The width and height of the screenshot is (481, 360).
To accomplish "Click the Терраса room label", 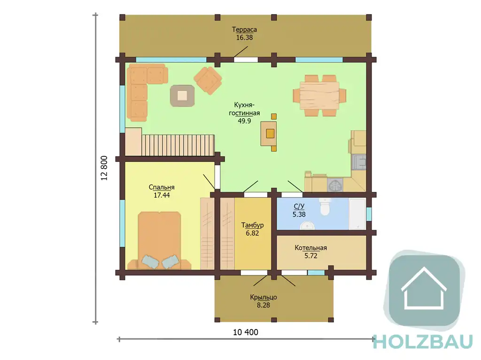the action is point(244,30).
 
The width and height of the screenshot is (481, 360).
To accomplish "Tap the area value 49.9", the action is point(244,121).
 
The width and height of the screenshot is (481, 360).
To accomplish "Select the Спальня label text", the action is point(162,187).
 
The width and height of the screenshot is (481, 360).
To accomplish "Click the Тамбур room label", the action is point(252,225).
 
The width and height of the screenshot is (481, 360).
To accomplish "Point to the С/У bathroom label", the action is point(299,207).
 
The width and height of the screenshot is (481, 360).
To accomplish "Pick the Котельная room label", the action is point(311,248).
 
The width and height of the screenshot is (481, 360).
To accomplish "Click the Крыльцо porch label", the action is point(263,297).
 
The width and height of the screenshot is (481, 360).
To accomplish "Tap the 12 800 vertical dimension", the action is point(104,168).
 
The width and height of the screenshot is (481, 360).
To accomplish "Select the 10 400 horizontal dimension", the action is point(245,332).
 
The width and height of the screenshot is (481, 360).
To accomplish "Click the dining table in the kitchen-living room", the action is point(319,95).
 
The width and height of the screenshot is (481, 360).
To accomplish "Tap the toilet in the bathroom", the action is point(324,207).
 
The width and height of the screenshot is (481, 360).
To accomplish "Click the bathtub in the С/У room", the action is point(357,214).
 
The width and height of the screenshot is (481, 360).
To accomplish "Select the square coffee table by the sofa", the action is point(182,96).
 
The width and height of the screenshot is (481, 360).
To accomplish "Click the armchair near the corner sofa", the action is point(208,81).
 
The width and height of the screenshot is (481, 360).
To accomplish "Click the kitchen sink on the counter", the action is point(359,162).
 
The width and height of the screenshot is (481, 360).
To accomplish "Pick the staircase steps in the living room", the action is point(178,145).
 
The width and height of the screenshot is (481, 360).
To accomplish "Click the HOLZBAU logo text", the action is point(423,342).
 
